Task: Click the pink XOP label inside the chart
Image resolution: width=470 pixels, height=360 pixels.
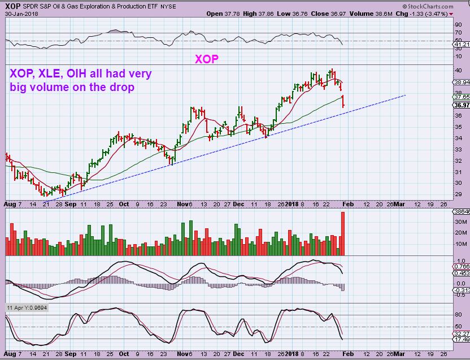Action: (x=207, y=59)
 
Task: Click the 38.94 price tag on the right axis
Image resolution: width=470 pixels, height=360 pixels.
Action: (x=462, y=82)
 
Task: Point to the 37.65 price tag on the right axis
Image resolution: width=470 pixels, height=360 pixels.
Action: (x=462, y=97)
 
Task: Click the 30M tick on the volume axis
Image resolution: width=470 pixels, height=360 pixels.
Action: (x=460, y=222)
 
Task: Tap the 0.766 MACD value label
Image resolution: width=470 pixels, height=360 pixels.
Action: (x=462, y=266)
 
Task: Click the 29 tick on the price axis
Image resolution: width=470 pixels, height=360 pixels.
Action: (x=459, y=194)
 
